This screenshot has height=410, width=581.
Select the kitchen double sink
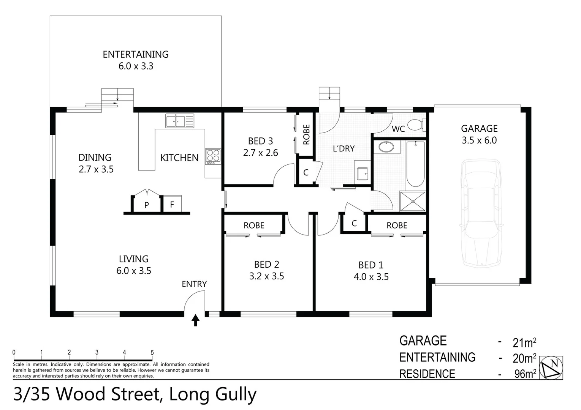[179, 121]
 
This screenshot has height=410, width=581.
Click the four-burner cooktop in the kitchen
[213, 156]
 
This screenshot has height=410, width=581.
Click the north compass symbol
[551, 367]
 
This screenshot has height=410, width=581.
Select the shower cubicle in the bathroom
[413, 201]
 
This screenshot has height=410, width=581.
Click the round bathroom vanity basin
[386, 147]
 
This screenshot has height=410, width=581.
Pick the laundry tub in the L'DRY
[362, 174]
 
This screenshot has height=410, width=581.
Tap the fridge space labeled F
[172, 205]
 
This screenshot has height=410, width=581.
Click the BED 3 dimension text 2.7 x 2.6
[260, 153]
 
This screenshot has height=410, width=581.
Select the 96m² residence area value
[525, 374]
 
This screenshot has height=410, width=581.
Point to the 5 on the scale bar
[152, 352]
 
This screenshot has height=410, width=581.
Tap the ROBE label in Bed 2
[254, 225]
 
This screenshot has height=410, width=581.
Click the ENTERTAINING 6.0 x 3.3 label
[136, 60]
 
